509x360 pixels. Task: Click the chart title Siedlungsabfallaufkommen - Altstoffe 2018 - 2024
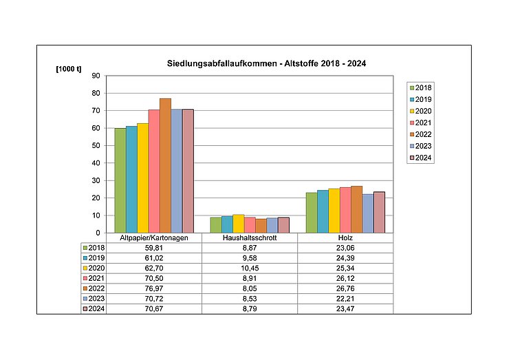(x=266, y=64)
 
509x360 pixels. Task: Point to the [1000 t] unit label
(x=68, y=70)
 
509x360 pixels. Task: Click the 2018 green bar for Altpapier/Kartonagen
(x=120, y=180)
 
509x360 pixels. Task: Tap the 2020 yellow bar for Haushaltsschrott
(x=238, y=224)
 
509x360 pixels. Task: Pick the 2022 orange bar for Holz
(x=356, y=209)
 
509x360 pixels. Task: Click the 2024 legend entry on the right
(x=422, y=158)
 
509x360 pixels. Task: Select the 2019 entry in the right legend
(x=422, y=99)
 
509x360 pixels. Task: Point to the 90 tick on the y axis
(x=96, y=76)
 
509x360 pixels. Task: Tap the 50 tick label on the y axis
(x=96, y=146)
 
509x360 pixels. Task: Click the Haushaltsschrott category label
(x=250, y=237)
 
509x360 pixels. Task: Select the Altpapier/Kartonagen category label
(x=154, y=237)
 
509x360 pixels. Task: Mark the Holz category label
(x=345, y=237)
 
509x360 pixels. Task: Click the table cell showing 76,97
(x=154, y=288)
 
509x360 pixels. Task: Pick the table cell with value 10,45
(x=250, y=267)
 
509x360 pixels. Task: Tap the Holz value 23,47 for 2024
(x=345, y=308)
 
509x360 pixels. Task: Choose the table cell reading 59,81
(x=154, y=247)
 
